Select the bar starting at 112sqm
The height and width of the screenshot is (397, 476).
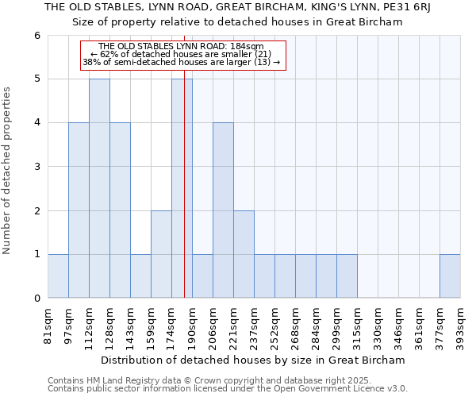[99, 188]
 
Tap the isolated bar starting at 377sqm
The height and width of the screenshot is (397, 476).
[450, 276]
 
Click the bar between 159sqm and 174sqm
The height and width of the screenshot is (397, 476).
[161, 254]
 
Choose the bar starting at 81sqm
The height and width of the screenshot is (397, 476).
[58, 276]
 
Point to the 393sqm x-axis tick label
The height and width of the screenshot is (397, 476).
[461, 326]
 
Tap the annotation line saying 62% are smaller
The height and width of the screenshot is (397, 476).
[182, 54]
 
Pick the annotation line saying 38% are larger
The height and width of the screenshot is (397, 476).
[182, 62]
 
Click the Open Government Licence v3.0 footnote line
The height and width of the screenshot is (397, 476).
[228, 389]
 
